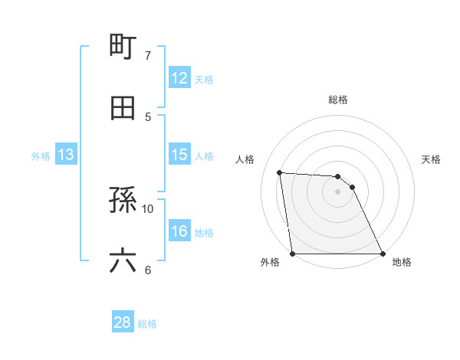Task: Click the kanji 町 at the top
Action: point(123,45)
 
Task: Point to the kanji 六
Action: point(123,260)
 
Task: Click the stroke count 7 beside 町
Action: point(148,56)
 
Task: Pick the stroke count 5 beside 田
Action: point(148,116)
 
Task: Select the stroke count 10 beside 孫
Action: point(148,208)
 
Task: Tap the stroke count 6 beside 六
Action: point(148,270)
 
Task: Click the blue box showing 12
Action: point(179,78)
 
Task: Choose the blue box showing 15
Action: point(179,155)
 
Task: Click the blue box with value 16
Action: point(179,231)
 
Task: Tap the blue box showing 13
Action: point(66,155)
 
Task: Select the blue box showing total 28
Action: point(123,322)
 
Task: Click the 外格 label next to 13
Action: point(41,156)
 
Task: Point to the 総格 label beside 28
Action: point(147,324)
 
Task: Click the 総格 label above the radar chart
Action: point(338,100)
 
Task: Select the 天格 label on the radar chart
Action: point(432,159)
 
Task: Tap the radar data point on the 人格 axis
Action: point(280,172)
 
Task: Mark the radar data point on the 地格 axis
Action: point(382,254)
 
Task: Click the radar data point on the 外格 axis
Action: point(293,254)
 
